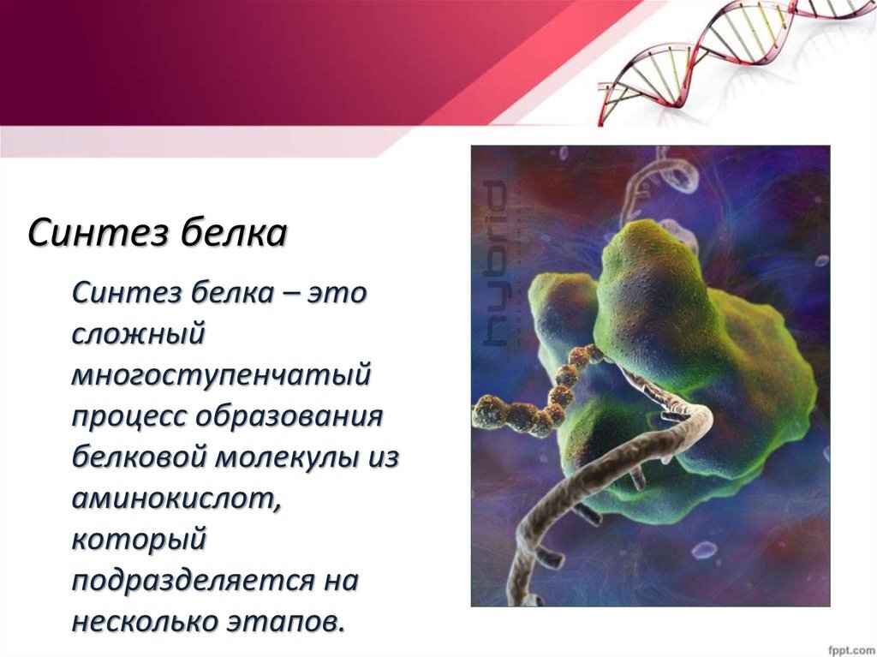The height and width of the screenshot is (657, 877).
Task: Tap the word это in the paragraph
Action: click(x=337, y=293)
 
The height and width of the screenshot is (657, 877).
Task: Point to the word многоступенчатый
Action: click(x=221, y=375)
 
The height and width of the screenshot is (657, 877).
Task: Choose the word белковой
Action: click(x=137, y=457)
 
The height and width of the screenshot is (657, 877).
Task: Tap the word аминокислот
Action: click(x=176, y=498)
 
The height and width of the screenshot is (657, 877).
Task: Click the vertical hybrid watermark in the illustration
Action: click(x=495, y=261)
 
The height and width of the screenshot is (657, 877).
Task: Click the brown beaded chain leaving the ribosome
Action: click(x=531, y=403)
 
